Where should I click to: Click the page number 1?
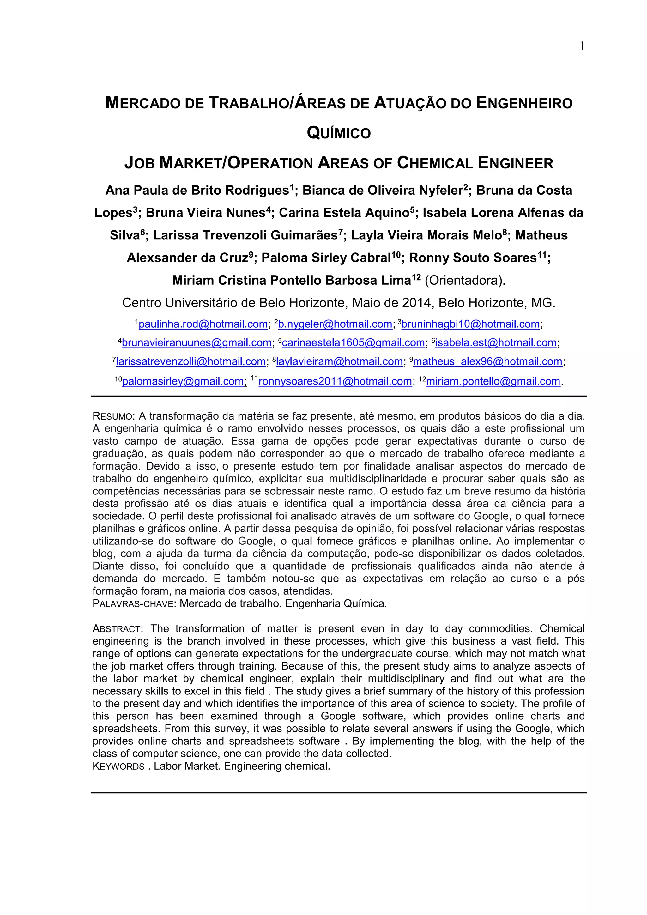pyautogui.click(x=582, y=47)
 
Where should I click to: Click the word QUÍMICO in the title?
pyautogui.click(x=339, y=133)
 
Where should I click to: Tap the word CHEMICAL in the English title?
pyautogui.click(x=435, y=163)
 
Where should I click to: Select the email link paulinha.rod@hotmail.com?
pyautogui.click(x=203, y=324)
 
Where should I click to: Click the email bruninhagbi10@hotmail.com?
pyautogui.click(x=470, y=324)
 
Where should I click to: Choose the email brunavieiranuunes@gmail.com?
pyautogui.click(x=197, y=343)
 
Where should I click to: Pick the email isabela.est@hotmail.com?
pyautogui.click(x=496, y=343)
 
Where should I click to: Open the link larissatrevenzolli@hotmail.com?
pyautogui.click(x=191, y=361)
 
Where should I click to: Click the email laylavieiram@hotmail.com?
pyautogui.click(x=339, y=361)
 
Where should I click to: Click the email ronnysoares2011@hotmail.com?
pyautogui.click(x=335, y=381)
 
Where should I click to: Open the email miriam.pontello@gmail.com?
pyautogui.click(x=493, y=381)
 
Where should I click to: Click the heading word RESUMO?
pyautogui.click(x=113, y=416)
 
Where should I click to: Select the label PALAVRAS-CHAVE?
pyautogui.click(x=133, y=604)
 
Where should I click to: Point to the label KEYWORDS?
pyautogui.click(x=118, y=767)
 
